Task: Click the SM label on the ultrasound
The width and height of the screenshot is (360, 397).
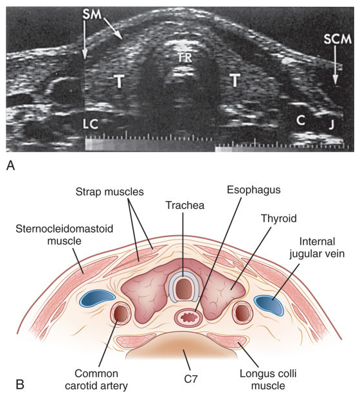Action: coord(92,15)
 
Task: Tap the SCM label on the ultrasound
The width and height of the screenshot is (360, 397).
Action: coord(337,39)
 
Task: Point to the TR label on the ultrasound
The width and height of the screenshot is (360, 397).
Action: coord(184,58)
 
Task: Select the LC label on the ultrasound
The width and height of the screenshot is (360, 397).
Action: coord(91,124)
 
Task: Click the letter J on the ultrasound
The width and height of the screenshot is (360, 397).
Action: coord(331,125)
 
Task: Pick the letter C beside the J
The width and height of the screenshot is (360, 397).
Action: coord(301,120)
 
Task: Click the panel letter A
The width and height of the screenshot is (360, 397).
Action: coord(11,166)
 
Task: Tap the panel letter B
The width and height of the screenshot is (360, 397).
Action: coord(21,384)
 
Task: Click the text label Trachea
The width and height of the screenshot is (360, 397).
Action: coord(185,205)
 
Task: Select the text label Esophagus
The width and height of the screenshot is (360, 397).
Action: coord(253,190)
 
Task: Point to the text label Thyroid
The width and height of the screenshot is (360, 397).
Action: coord(278,218)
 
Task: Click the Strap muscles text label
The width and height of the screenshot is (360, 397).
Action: coord(109,192)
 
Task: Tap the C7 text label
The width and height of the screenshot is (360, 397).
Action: coord(191,379)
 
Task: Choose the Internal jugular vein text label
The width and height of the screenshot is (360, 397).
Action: coord(317,247)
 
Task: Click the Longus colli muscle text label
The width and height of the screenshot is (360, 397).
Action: coord(268,380)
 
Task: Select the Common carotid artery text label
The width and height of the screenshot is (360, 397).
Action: coord(96,380)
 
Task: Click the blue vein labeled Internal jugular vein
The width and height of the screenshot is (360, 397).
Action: coord(269,305)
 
